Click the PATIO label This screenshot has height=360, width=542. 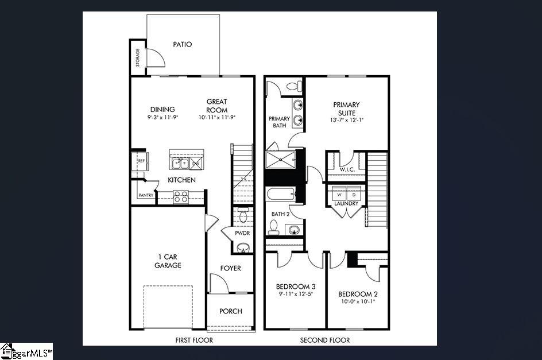[182, 44]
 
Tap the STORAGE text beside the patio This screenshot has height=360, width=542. [138, 57]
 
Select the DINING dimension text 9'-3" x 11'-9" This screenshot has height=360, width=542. [162, 117]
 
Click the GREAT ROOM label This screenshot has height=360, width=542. [217, 106]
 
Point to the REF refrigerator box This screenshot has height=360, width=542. [141, 161]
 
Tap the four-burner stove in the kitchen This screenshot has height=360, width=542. [181, 197]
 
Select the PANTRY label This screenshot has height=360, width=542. [145, 196]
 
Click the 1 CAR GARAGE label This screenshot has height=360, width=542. [168, 261]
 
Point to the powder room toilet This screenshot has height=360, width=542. [242, 216]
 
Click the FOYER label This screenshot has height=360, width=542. [231, 268]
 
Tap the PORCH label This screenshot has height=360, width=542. [231, 311]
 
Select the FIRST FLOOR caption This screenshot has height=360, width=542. [194, 340]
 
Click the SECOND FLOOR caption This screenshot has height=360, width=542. [325, 340]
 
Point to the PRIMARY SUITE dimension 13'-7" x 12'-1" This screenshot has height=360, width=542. [347, 121]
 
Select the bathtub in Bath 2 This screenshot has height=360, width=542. [281, 194]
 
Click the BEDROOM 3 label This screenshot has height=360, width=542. [296, 287]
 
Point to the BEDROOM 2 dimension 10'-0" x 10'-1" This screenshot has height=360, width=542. [359, 301]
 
